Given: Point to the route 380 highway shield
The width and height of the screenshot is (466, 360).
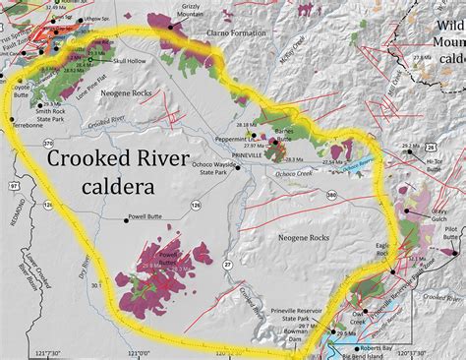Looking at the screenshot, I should pyautogui.click(x=330, y=195).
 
